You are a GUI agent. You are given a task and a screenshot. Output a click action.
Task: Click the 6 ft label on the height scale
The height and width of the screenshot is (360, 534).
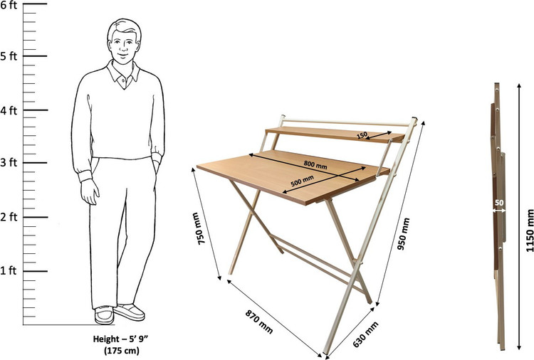click(9, 6)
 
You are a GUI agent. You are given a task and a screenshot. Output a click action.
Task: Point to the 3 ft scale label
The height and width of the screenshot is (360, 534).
click(9, 162)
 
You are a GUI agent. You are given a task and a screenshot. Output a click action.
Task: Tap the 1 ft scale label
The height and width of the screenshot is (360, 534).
click(9, 270)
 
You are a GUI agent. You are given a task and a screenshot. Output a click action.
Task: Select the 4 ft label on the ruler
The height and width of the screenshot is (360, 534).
click(9, 110)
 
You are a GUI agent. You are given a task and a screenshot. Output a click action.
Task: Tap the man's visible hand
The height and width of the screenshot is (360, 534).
click(90, 191)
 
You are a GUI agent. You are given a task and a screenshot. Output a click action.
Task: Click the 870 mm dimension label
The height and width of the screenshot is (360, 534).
click(259, 322)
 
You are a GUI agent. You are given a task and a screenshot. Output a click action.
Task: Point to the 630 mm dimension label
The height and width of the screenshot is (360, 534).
click(365, 334)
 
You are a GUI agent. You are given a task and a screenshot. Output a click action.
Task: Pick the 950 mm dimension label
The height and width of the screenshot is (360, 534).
click(404, 234)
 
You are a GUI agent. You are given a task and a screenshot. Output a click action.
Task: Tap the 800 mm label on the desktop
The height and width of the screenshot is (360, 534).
click(315, 164)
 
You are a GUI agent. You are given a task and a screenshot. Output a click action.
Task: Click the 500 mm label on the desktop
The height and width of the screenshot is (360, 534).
click(302, 181)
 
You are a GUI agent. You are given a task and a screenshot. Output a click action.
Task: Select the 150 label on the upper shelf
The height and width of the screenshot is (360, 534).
click(362, 135)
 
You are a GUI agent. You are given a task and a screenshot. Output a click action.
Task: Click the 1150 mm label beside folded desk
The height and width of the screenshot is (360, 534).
click(529, 231)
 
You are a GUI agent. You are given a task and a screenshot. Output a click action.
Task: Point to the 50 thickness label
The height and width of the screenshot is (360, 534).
click(499, 203)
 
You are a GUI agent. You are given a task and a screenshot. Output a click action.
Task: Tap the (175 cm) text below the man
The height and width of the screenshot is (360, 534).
click(122, 350)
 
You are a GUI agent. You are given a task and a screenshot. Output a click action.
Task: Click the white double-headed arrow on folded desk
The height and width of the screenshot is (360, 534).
click(499, 211)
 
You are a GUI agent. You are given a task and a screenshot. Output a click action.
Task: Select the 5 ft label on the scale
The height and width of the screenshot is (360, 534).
click(9, 56)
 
